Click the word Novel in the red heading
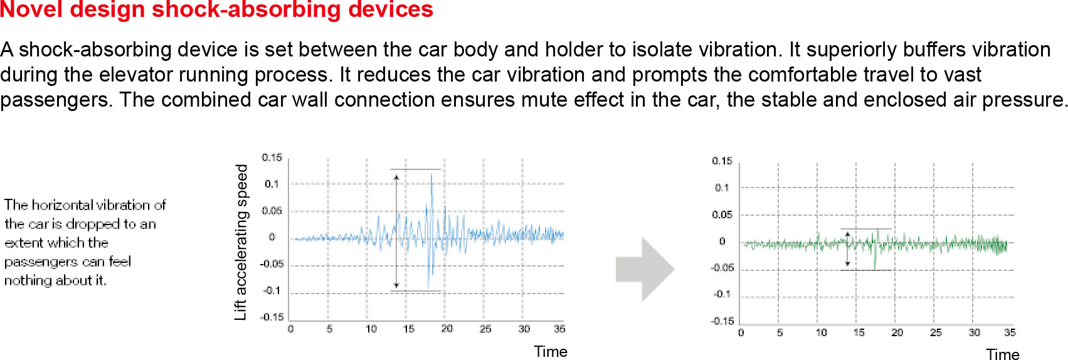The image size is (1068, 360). [31, 9]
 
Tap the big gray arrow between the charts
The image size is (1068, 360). [645, 270]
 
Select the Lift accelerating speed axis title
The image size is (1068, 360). [241, 242]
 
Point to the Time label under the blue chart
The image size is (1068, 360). [551, 351]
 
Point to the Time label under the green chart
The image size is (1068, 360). [1003, 354]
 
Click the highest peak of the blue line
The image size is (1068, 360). [431, 174]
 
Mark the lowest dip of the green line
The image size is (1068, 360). [875, 268]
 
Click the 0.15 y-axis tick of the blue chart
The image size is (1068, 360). [272, 157]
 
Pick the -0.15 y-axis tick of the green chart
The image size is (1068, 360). [722, 321]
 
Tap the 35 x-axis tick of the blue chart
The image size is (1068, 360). [559, 329]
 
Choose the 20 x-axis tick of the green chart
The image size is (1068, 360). [897, 332]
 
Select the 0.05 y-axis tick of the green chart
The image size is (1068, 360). [722, 214]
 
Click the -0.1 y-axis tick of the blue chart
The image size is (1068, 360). [272, 290]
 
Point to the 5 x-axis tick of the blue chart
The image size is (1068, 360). [329, 329]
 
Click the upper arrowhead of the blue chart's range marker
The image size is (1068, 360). [396, 177]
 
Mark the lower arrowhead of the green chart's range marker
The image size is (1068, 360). [847, 263]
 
